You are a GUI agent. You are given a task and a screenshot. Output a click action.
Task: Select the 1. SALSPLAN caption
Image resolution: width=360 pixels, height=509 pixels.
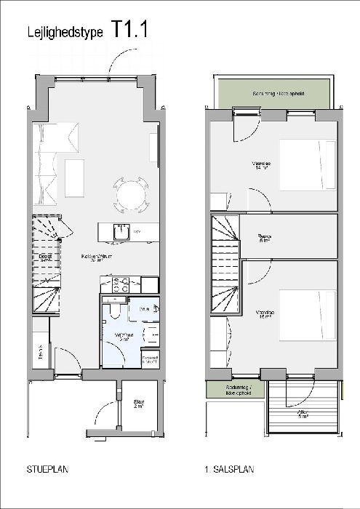230,470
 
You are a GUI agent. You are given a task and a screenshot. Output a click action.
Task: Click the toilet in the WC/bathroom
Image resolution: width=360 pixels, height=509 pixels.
113,312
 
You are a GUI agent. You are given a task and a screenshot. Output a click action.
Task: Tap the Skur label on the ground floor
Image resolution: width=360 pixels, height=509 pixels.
138,404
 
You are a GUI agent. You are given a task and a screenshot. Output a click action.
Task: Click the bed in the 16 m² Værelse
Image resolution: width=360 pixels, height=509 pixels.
308,316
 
